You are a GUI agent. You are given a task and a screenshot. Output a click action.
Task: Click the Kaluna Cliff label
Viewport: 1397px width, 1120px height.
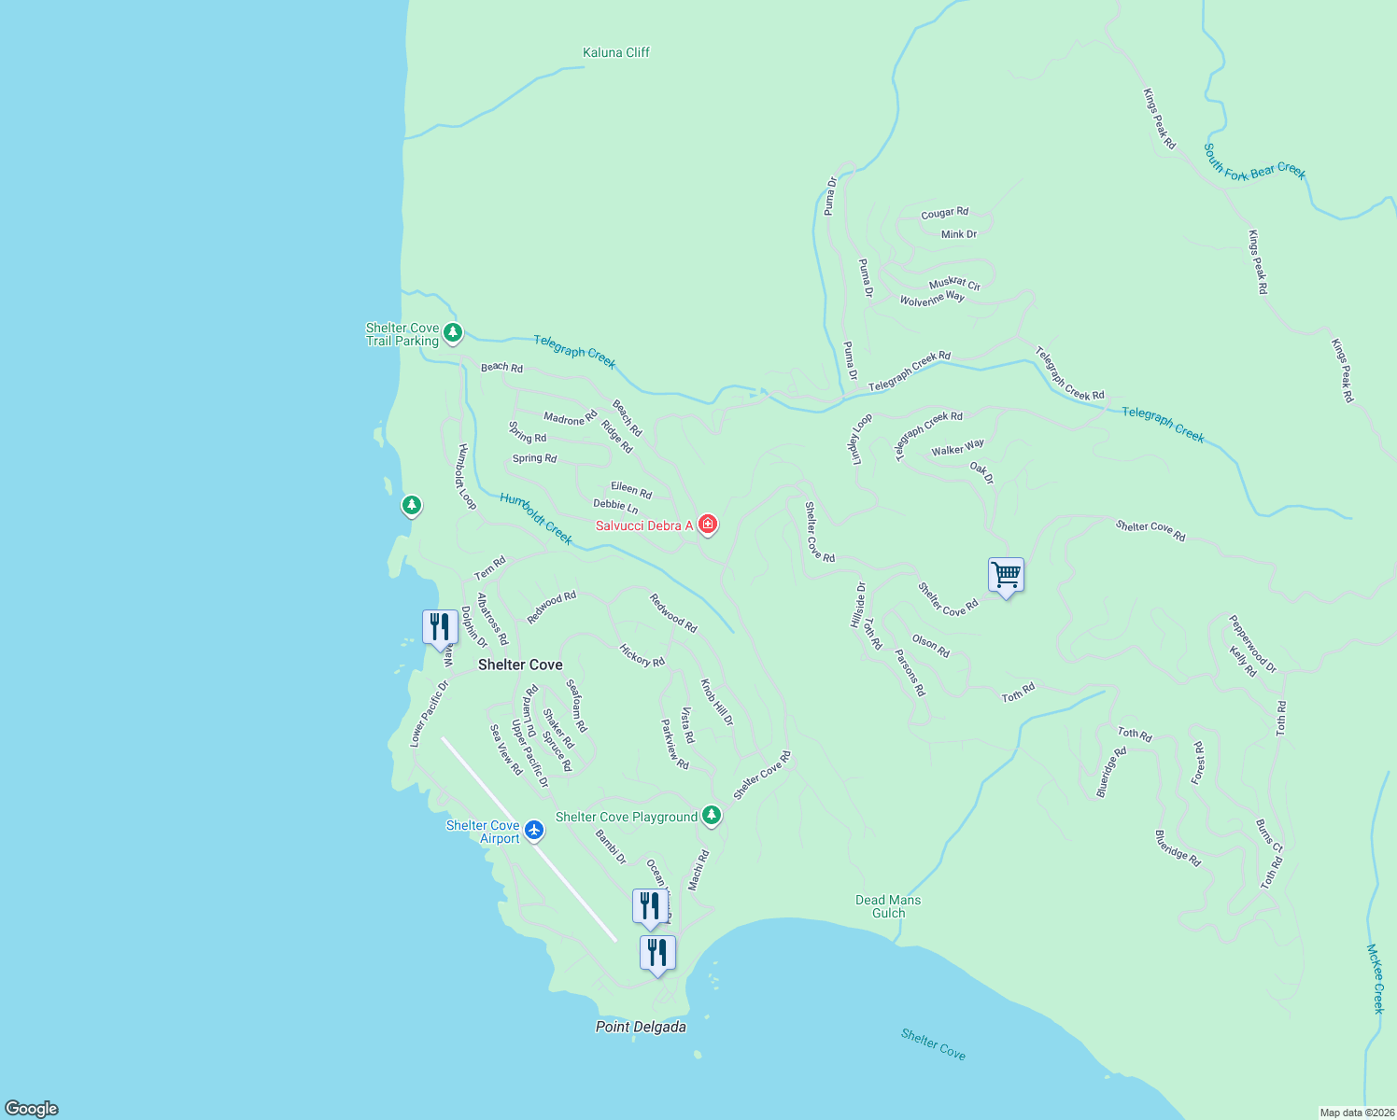(615, 52)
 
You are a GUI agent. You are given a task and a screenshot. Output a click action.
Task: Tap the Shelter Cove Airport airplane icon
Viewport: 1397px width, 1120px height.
(534, 830)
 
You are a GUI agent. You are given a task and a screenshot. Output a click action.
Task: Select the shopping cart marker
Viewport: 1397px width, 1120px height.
(1006, 576)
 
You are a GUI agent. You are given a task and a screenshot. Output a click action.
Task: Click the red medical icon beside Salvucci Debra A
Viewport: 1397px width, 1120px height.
(708, 525)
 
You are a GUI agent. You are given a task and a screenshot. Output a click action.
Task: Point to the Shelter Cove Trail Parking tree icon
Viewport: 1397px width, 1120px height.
(453, 332)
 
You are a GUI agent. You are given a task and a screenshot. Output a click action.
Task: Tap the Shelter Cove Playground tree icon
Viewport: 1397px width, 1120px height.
(712, 816)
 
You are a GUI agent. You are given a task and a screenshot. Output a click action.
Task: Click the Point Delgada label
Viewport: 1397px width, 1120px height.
(641, 1027)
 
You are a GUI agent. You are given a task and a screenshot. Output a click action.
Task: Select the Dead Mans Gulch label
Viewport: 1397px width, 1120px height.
(888, 906)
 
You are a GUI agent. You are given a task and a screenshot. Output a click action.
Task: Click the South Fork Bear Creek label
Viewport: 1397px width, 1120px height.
(1254, 161)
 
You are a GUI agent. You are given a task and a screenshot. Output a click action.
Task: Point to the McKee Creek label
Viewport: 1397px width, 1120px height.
(1375, 978)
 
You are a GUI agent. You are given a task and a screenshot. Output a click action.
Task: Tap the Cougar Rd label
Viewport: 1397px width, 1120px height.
(944, 214)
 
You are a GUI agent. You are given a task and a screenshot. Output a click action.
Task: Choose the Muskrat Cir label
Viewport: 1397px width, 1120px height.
(954, 284)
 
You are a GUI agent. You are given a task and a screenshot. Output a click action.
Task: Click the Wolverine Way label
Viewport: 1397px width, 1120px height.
(932, 299)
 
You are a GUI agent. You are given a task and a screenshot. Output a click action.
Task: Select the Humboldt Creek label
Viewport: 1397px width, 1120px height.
(536, 519)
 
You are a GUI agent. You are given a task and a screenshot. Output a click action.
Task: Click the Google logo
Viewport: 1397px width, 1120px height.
(31, 1109)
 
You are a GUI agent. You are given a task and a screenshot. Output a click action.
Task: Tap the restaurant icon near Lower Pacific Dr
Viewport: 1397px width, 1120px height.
(440, 627)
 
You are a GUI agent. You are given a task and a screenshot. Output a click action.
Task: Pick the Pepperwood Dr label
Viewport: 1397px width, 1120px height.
(1252, 643)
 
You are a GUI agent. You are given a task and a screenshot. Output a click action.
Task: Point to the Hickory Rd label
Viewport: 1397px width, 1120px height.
(642, 655)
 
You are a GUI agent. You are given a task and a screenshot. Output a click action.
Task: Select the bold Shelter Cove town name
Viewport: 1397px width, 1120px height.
(520, 665)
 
